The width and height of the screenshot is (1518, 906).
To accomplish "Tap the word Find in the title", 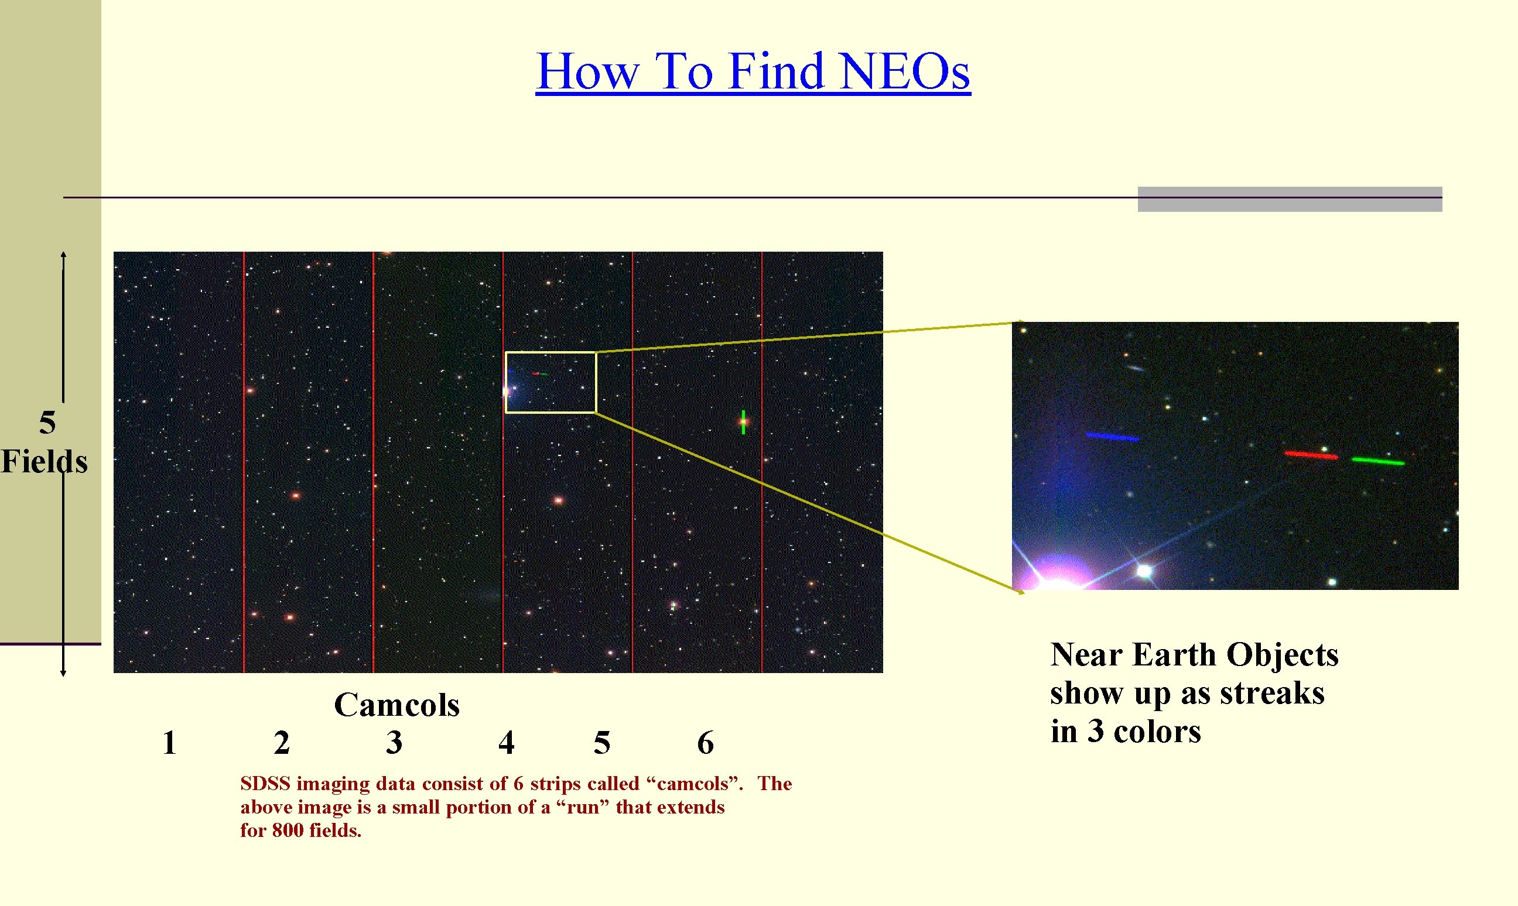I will coord(777,71).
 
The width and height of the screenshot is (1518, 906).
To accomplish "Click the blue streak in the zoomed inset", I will coord(1112,437).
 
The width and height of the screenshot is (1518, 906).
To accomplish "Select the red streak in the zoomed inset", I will coord(1310,455).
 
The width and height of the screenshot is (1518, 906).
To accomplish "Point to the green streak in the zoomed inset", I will coord(1378,461).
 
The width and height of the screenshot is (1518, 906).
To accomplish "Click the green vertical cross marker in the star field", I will coord(743,422).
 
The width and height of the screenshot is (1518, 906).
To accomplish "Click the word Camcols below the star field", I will coord(396,705).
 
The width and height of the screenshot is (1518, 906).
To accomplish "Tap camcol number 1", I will coord(169,743).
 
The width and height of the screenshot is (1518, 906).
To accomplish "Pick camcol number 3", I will coord(394,743).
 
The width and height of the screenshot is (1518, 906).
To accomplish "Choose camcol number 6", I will coord(705,743).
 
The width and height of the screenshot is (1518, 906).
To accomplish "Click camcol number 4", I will coord(506,743).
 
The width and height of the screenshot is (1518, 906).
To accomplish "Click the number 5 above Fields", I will coord(47,423).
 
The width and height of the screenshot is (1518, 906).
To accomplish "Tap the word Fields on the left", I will coord(44,461).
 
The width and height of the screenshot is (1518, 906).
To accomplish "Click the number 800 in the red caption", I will coord(288,831).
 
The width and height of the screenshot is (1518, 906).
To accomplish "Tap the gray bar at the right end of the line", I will coord(1290,199).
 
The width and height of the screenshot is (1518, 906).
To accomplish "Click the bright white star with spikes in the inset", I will coord(1144,571).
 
